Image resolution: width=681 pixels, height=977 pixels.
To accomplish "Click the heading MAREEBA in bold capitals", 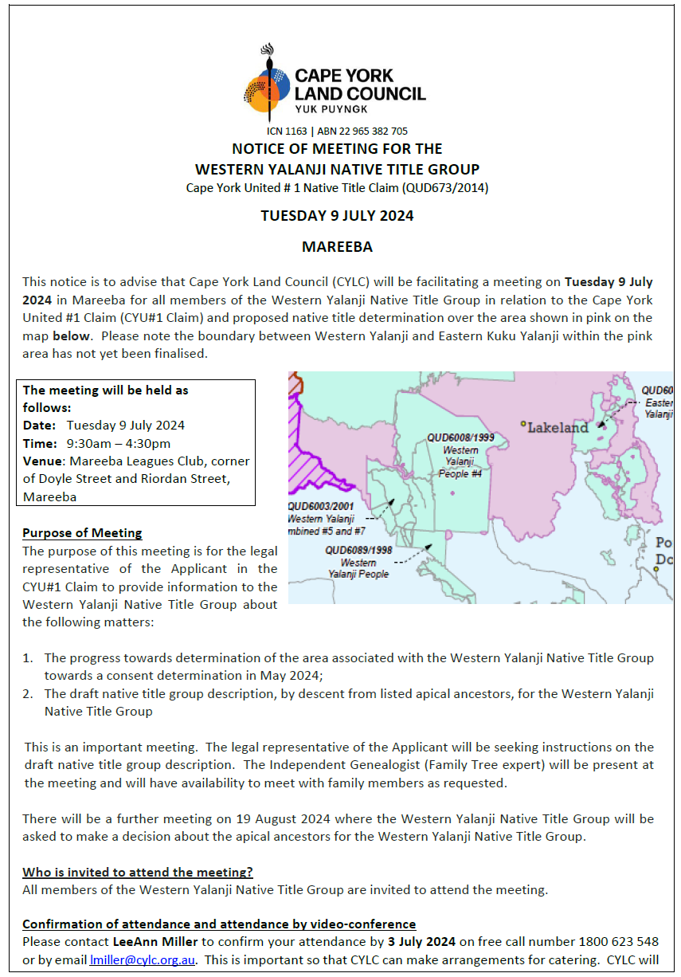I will click(337, 247).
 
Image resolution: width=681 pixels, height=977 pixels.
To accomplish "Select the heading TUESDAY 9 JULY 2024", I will click(337, 216).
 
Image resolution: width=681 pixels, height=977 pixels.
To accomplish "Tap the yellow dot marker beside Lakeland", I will click(523, 423).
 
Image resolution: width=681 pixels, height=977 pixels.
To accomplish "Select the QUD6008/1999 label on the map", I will click(460, 437).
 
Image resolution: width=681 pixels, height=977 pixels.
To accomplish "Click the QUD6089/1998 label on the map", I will click(358, 550).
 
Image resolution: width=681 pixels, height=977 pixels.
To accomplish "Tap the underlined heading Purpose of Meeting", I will click(82, 533).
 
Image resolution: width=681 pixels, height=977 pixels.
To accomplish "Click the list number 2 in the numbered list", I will click(27, 694).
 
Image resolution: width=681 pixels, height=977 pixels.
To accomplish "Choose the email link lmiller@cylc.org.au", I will click(143, 961).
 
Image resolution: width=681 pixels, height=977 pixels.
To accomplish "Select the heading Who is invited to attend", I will click(138, 872).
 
